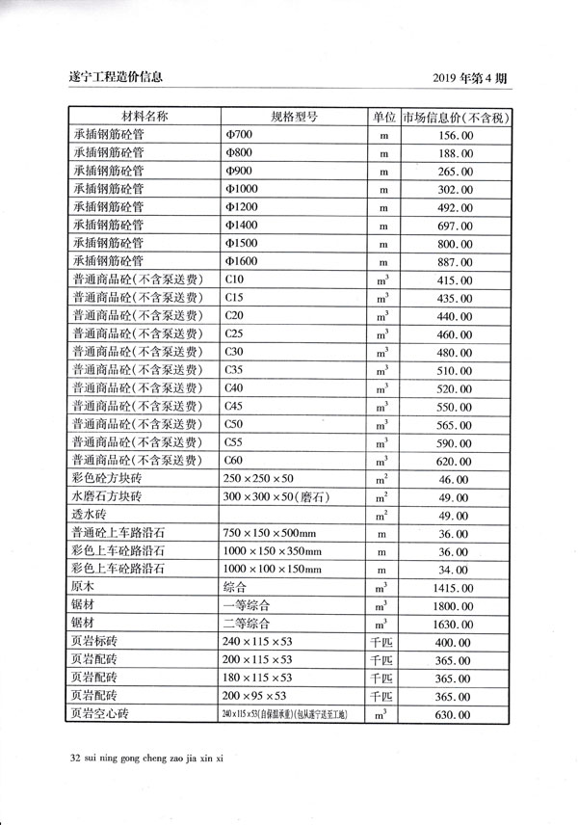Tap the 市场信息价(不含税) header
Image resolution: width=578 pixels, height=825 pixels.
click(456, 118)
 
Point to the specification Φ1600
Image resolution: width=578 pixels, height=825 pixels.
click(241, 261)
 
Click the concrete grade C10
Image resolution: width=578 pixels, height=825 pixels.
click(233, 279)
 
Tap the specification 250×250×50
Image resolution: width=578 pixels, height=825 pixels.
click(259, 479)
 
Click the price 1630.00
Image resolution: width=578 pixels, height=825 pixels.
click(449, 624)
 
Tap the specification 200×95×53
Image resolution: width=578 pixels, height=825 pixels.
click(255, 696)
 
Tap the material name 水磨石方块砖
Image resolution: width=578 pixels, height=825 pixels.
click(107, 496)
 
